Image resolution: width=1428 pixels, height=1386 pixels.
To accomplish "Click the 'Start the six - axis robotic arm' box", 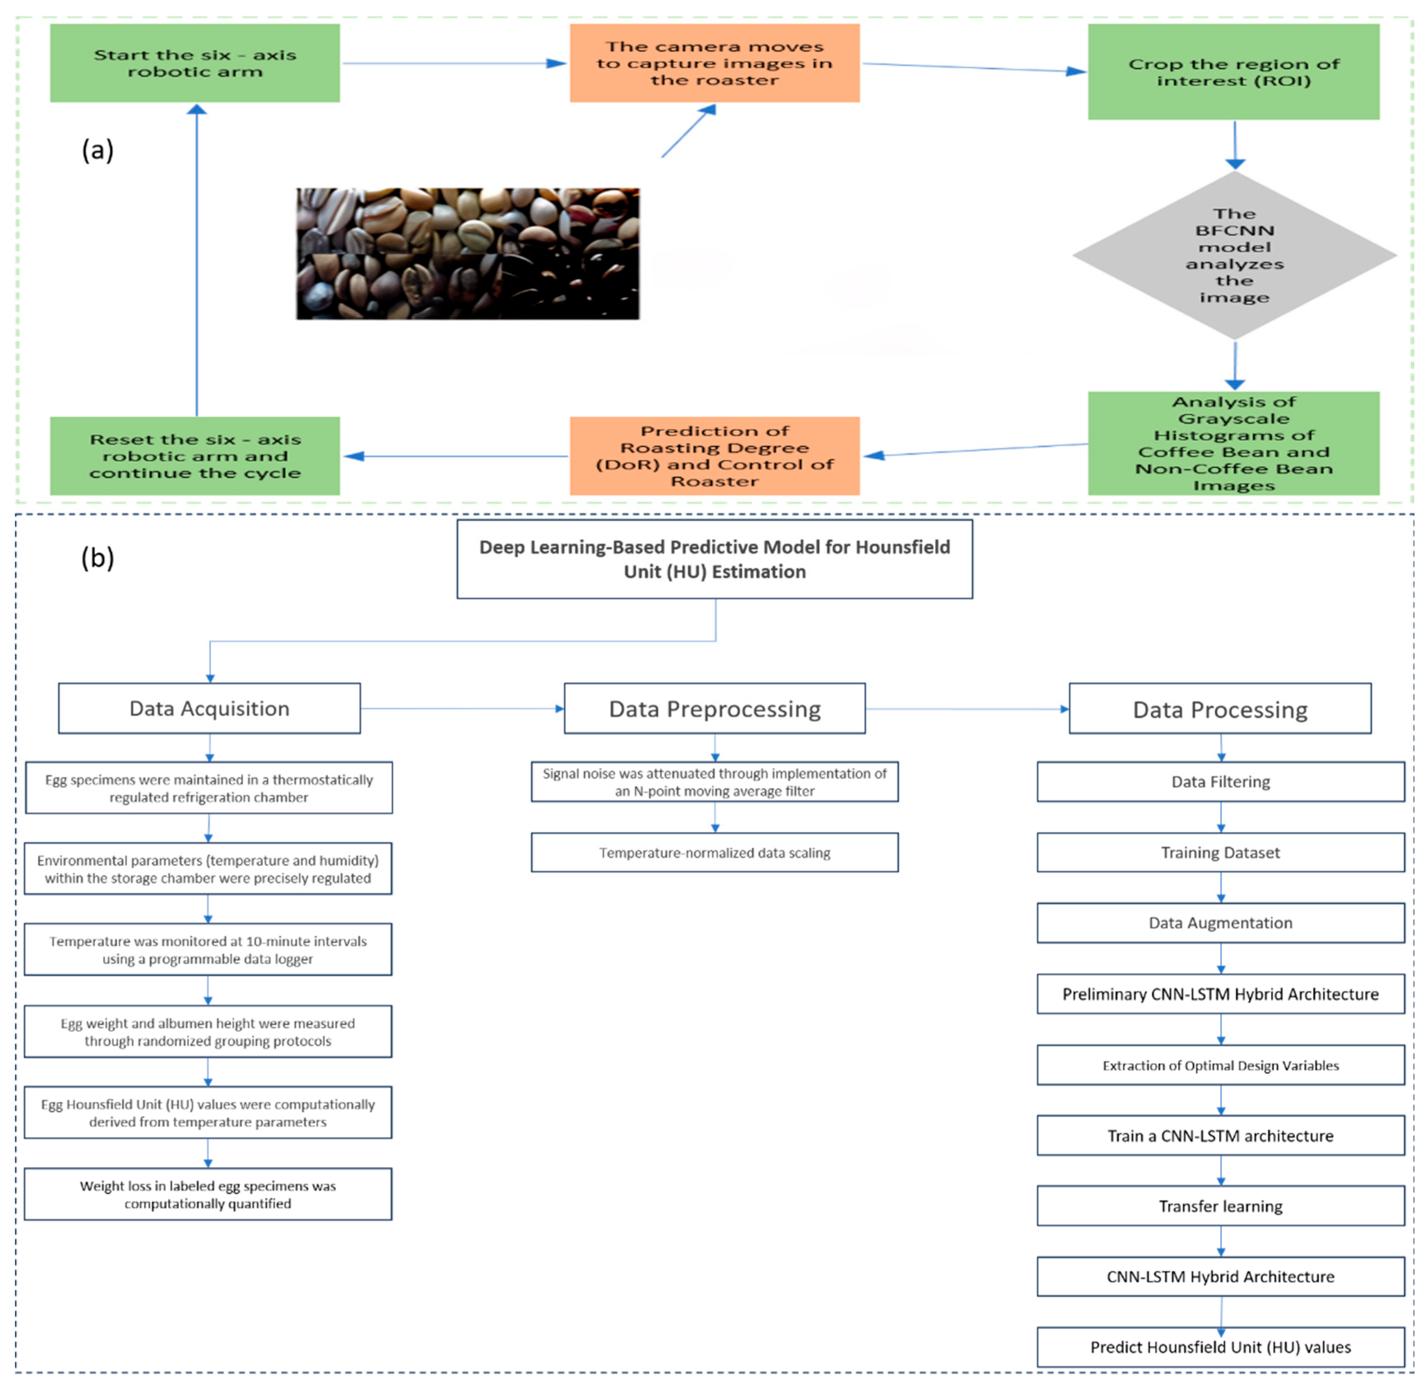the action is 195,63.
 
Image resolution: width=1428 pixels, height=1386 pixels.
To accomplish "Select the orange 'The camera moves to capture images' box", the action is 715,63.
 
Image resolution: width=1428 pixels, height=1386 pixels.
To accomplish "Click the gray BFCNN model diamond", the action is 1234,255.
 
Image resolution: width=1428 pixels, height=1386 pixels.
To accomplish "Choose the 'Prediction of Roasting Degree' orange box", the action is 715,456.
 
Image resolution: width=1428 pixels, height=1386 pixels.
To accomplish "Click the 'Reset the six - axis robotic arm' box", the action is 195,456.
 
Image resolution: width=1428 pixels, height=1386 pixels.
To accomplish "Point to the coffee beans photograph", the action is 468,254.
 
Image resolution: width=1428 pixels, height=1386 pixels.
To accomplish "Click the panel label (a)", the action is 98,150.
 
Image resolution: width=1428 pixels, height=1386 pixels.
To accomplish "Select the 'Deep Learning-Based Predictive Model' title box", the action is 715,559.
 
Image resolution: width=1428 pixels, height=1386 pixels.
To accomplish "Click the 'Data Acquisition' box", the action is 209,708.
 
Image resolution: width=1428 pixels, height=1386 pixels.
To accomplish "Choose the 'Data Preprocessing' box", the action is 715,708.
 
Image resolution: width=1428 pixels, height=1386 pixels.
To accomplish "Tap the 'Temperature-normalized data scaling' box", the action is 715,853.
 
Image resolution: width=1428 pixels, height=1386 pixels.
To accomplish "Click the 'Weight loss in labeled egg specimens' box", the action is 208,1194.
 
